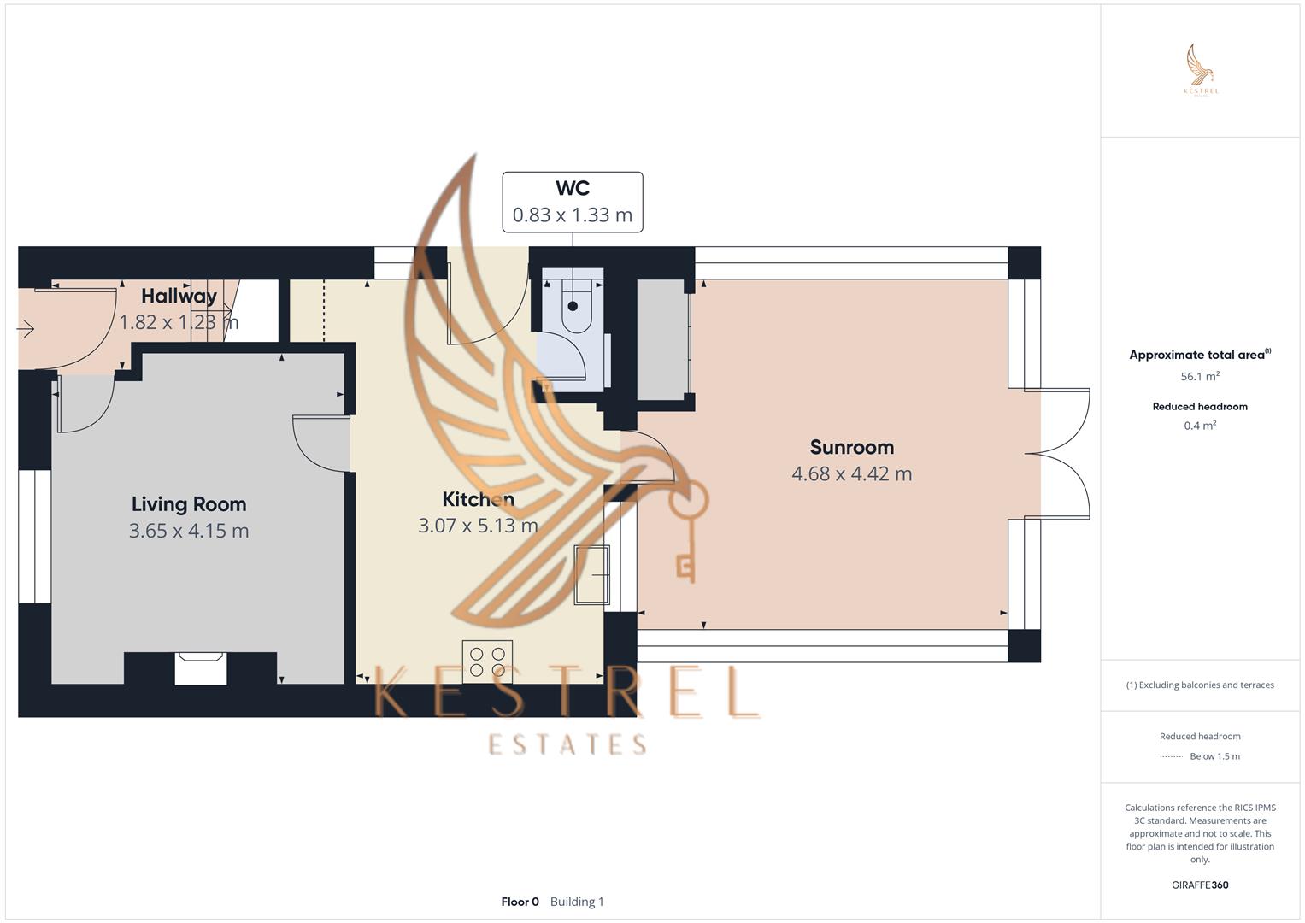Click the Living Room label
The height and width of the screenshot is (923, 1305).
[x=189, y=504]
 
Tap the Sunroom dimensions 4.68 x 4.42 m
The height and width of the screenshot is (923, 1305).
[x=851, y=473]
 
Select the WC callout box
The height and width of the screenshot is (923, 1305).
[x=572, y=203]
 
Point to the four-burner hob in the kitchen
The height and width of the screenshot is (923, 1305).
[x=487, y=661]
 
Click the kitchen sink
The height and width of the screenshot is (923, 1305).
[x=591, y=574]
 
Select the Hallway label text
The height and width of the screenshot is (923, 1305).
[x=179, y=296]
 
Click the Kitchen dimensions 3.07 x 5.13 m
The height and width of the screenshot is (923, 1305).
[x=478, y=526]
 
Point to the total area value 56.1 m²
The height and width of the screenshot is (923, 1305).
[x=1200, y=376]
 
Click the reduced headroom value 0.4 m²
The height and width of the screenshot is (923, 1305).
[x=1200, y=426]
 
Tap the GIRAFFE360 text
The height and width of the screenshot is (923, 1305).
[x=1200, y=885]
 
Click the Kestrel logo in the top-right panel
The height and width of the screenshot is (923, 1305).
[x=1201, y=70]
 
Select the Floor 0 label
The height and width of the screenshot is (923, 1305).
[x=520, y=902]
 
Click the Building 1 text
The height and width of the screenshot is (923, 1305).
[x=577, y=902]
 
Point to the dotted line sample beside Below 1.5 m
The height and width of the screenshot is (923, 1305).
[x=1172, y=756]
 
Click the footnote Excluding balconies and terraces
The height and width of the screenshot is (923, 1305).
[x=1200, y=685]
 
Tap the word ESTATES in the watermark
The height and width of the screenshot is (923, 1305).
[x=567, y=744]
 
